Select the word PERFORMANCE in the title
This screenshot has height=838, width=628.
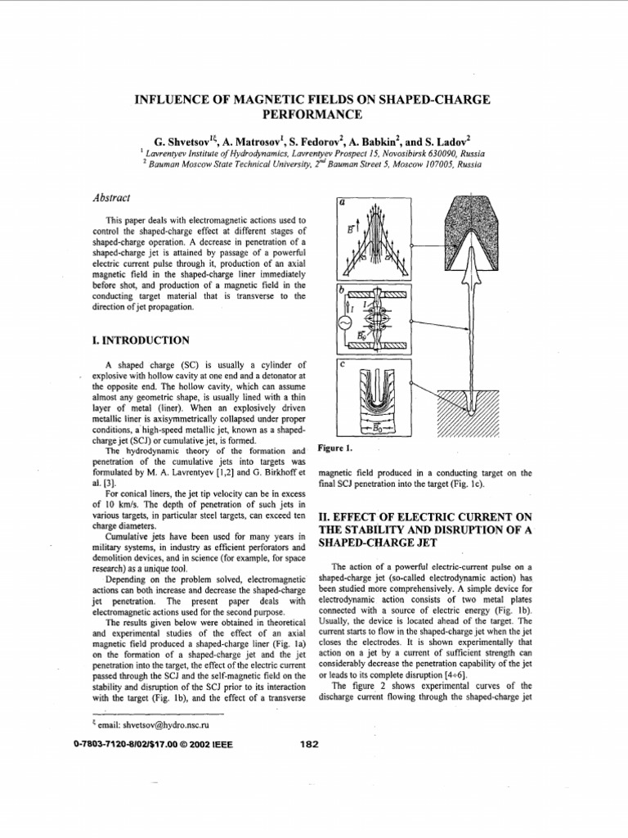point(313,115)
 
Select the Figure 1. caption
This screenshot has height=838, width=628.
point(335,448)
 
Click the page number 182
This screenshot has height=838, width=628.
point(309,744)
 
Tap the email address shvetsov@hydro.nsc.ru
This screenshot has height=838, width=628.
point(155,724)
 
